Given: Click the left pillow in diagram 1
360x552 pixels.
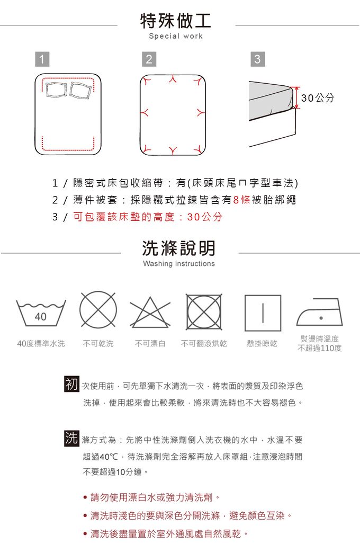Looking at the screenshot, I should pyautogui.click(x=57, y=90).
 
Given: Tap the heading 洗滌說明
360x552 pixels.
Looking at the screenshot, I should pyautogui.click(x=179, y=248).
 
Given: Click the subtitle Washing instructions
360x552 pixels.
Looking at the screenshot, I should pyautogui.click(x=179, y=263).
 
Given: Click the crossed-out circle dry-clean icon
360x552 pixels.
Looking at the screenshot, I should pyautogui.click(x=98, y=310).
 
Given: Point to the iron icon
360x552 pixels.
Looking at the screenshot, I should pyautogui.click(x=319, y=312).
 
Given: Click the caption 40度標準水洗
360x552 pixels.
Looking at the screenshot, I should pyautogui.click(x=41, y=344).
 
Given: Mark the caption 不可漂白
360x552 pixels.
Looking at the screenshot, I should pyautogui.click(x=150, y=344).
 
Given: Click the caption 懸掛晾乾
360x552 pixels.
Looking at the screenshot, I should pyautogui.click(x=262, y=344).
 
